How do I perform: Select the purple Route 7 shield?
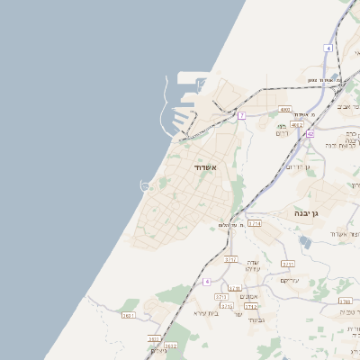pos(241,116)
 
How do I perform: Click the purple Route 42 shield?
pos(310,134)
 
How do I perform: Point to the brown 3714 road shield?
pos(254,223)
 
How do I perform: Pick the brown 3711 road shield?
pos(231,259)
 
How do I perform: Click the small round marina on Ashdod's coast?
pos(144,186)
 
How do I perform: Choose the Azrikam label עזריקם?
pos(290,280)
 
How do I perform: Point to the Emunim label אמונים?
pos(251,296)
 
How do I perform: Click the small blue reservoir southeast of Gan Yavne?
pos(305,242)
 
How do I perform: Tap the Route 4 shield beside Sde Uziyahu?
pos(207,281)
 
